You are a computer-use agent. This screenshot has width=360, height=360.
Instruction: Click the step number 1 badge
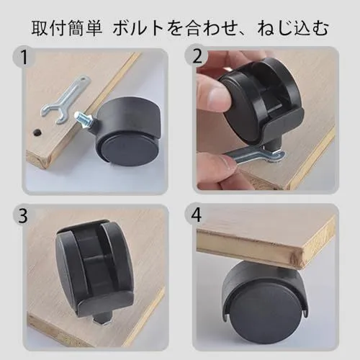pos(24,58)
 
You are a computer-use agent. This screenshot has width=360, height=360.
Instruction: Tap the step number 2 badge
pos(197,57)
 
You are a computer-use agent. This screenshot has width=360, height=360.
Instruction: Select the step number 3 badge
pos(23,215)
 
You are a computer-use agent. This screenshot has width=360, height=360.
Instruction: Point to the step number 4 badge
pos(196,215)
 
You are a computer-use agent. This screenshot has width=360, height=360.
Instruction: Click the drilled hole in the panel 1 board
pos(37,132)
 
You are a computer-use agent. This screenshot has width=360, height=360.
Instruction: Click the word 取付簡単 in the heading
pos(67,28)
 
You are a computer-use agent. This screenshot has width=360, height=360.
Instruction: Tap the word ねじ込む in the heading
pos(293,28)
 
